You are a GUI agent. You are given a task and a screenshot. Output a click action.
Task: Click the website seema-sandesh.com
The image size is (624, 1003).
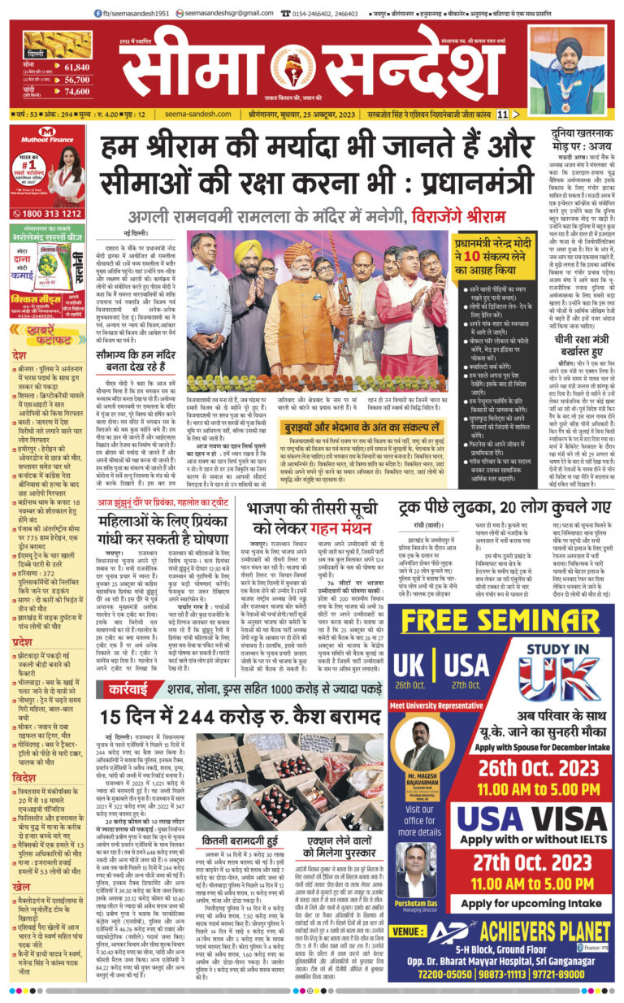(188, 114)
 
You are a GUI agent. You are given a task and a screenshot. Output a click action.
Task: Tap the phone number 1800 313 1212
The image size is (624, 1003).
(50, 214)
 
